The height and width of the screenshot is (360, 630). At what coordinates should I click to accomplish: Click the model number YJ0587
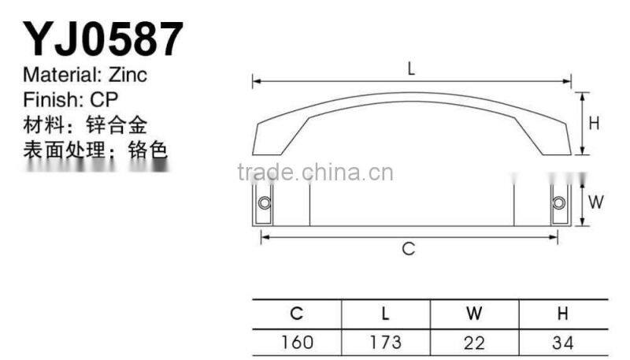pyautogui.click(x=103, y=39)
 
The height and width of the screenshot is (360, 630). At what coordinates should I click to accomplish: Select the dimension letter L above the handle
pyautogui.click(x=411, y=69)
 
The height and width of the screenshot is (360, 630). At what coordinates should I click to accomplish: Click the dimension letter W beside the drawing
pyautogui.click(x=595, y=202)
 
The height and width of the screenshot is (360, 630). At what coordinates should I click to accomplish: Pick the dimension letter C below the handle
pyautogui.click(x=408, y=249)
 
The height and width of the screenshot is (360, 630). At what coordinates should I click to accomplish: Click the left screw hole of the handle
pyautogui.click(x=265, y=203)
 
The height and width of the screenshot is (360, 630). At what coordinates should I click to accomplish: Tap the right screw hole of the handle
pyautogui.click(x=558, y=203)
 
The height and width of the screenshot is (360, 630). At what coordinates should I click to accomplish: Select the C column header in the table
pyautogui.click(x=296, y=313)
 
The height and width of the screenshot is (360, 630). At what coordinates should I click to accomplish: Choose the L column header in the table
pyautogui.click(x=385, y=313)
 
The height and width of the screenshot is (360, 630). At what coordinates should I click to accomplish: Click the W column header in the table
pyautogui.click(x=474, y=313)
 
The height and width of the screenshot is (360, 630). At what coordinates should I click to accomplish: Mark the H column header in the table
pyautogui.click(x=562, y=313)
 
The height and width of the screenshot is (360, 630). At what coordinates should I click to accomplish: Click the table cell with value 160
pyautogui.click(x=296, y=342)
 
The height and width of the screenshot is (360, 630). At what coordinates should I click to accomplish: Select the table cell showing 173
pyautogui.click(x=385, y=342)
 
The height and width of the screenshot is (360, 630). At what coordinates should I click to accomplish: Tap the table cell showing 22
pyautogui.click(x=474, y=342)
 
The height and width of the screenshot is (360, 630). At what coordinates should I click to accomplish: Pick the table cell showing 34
pyautogui.click(x=562, y=342)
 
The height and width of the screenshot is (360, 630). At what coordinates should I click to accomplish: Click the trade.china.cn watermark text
pyautogui.click(x=315, y=173)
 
